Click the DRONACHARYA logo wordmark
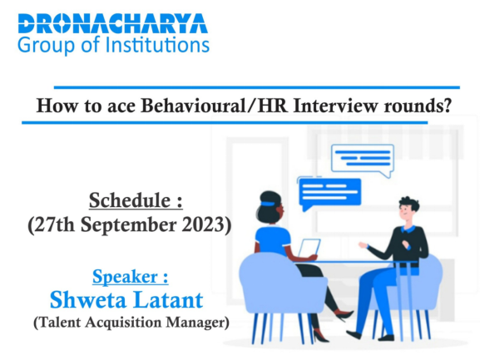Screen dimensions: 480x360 coord(113,23)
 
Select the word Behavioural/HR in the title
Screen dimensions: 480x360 coord(215,106)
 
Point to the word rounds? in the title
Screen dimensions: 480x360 coord(418,106)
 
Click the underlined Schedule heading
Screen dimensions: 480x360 coord(136,200)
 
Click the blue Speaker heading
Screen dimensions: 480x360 coord(131,277)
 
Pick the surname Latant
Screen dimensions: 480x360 coord(168,300)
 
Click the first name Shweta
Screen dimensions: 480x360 coord(88,300)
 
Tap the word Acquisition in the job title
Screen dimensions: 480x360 coord(123,322)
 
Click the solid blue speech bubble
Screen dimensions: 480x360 coord(329,194)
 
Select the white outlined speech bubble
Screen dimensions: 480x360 coord(363,159)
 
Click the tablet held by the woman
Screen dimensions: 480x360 coord(309,248)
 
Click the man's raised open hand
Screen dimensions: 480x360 coord(363,245)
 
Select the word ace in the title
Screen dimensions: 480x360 coord(121,106)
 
